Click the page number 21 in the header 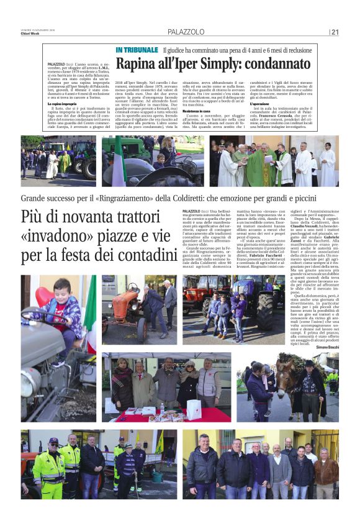tap(335, 32)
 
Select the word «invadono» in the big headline tap(63, 237)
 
